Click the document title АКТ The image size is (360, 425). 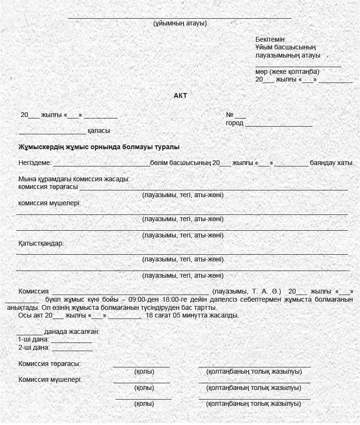[x=180, y=95]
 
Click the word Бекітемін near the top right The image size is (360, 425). [x=270, y=39]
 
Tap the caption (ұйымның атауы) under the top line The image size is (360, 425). [x=180, y=23]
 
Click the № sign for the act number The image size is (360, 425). [x=229, y=115]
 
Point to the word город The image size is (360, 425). [x=235, y=123]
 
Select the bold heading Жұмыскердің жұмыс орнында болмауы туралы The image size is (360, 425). [x=99, y=147]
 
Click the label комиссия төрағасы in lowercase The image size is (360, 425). [x=48, y=187]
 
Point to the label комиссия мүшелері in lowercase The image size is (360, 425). [x=49, y=202]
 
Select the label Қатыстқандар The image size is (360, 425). [x=41, y=243]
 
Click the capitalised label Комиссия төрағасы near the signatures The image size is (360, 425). [x=49, y=364]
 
